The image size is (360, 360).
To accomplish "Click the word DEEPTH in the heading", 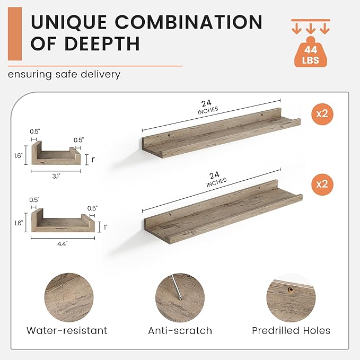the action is [x=102, y=43].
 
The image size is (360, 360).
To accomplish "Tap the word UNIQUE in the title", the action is [x=68, y=22].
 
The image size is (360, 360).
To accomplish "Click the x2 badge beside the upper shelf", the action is [x=322, y=114].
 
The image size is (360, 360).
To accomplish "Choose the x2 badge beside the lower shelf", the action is [x=322, y=185].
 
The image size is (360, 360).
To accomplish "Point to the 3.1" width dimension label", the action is [x=56, y=177].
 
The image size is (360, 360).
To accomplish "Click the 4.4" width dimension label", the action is [x=63, y=244].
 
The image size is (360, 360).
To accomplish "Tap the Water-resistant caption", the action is [x=67, y=331].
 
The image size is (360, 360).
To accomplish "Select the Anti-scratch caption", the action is [x=180, y=331].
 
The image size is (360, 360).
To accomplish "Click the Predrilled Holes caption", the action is [x=291, y=331].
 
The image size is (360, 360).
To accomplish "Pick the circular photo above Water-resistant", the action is [x=69, y=297].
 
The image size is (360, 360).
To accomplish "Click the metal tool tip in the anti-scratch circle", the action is [x=181, y=298].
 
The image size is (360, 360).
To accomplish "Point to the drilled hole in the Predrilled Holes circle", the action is [x=291, y=290].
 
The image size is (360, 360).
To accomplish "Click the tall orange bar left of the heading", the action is [x=15, y=34].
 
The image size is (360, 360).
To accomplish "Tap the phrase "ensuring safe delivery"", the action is [x=64, y=75].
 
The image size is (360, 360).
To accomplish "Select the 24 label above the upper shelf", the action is [x=206, y=103].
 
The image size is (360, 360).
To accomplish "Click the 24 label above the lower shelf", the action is [x=214, y=175].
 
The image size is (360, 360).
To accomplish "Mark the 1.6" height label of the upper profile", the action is [x=18, y=156].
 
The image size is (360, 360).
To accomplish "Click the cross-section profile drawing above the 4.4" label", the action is [x=63, y=220].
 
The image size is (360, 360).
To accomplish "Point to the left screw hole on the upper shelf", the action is [x=169, y=135].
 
